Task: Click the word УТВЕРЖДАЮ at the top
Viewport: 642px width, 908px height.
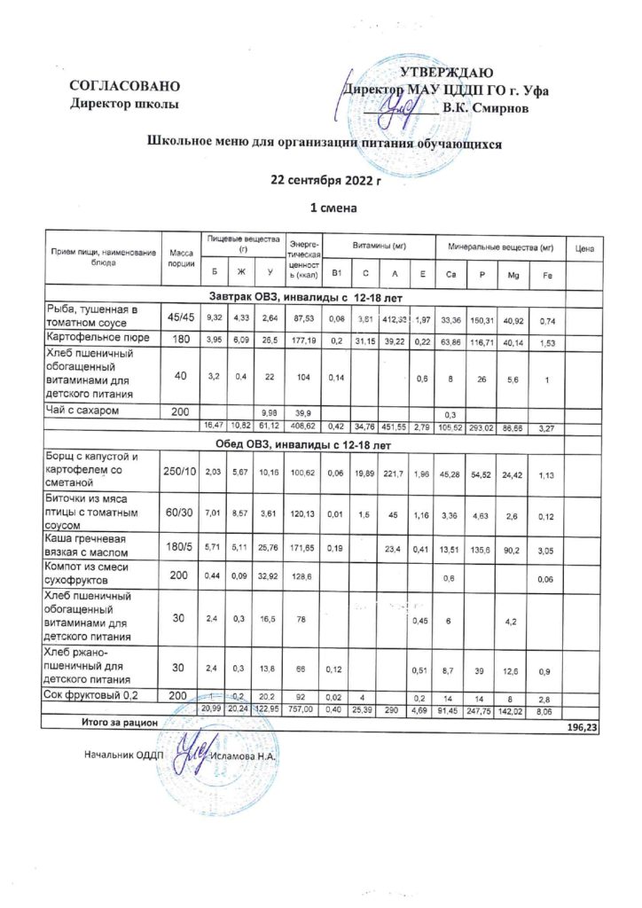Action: [447, 73]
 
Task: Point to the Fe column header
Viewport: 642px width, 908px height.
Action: [547, 272]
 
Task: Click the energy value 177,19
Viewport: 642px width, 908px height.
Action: [303, 340]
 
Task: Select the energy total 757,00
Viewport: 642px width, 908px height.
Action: [303, 709]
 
